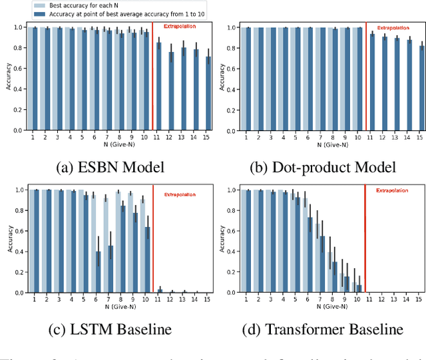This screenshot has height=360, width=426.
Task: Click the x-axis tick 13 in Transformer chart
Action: tap(395, 299)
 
